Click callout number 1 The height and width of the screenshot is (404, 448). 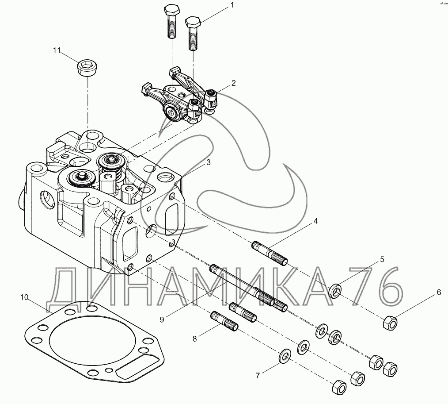231,6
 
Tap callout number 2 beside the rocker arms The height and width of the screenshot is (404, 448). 233,83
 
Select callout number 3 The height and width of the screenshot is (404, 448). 209,162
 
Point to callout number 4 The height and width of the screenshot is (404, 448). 316,220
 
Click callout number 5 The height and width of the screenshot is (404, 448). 382,259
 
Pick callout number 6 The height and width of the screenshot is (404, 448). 439,292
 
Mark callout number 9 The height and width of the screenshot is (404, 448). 162,319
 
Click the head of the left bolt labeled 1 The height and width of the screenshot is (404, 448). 171,10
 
